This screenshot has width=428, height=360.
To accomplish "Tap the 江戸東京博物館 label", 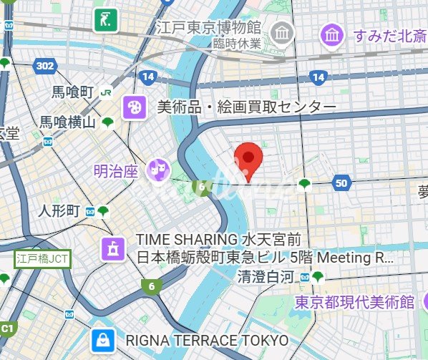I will click(209, 28).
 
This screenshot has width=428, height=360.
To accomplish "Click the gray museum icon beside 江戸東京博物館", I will click(283, 32).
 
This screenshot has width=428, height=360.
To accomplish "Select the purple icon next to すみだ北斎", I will click(332, 34).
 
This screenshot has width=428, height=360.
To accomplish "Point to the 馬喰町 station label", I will click(73, 92).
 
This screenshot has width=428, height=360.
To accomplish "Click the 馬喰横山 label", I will click(67, 122).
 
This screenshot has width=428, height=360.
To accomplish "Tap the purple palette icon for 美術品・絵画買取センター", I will click(134, 107).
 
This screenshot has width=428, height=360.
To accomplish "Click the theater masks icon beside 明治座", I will click(157, 170).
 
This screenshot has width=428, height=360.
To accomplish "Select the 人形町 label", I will click(59, 211).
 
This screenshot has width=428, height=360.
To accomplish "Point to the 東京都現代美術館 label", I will click(355, 302).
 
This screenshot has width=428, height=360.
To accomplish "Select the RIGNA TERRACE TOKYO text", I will click(207, 339).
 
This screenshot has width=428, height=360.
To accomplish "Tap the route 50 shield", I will click(341, 183).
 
